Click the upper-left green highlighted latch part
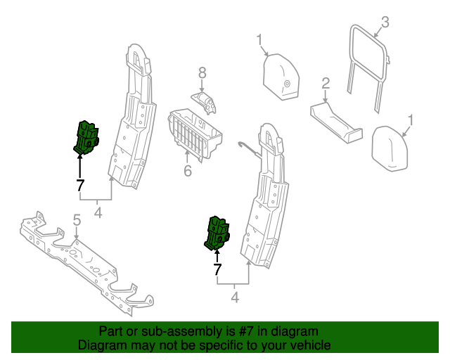pos(86,136)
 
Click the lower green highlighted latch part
pos(216,233)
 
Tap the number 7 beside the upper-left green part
pos(79,186)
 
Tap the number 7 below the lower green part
pos(217,269)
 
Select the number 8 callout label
pos(202,72)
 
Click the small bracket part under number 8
pos(205,101)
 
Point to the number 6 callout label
pos(188,171)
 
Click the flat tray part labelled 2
pos(335,120)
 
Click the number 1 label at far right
pos(411,120)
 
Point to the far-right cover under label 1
pos(390,148)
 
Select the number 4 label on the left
pos(98,212)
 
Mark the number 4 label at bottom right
pos(234,298)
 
